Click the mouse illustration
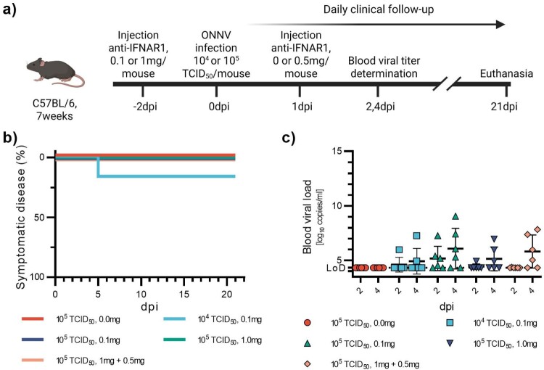point(56,72)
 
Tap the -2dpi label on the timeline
point(144,106)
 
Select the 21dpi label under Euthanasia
point(504,106)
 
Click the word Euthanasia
point(506,73)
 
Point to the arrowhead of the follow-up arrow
point(501,24)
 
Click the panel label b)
point(9,138)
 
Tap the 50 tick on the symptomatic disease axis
point(44,218)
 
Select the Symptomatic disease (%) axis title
point(21,217)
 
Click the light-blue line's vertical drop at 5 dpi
point(98,167)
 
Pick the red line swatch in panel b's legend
point(33,319)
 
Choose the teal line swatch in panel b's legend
point(175,340)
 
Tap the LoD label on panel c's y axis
point(336,268)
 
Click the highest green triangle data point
point(456,217)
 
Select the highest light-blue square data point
point(416,236)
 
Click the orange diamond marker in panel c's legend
point(307,364)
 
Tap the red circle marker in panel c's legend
point(307,323)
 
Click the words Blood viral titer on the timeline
point(384,61)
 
